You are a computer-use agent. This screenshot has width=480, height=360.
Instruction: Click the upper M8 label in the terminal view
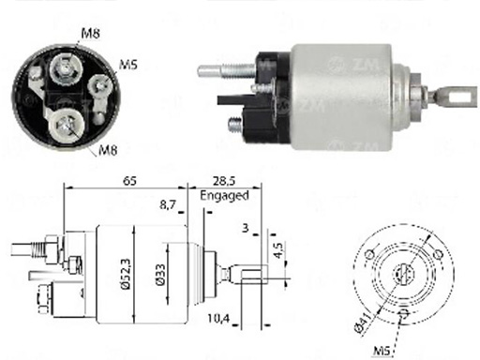[90, 33]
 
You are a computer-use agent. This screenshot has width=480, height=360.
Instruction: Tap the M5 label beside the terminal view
[128, 65]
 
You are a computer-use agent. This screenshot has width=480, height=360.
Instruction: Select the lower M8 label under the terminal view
[108, 150]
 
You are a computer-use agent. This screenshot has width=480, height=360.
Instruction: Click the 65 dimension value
[129, 181]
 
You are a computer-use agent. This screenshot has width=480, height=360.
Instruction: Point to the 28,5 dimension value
[224, 181]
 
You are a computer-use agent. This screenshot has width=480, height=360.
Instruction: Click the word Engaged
[224, 196]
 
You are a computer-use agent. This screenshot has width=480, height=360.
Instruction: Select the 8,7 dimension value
[168, 205]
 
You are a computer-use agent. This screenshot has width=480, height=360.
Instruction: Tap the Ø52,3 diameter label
[126, 274]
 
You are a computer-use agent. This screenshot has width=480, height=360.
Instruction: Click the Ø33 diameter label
[160, 275]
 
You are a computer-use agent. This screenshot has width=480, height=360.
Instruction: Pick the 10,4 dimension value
[218, 319]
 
